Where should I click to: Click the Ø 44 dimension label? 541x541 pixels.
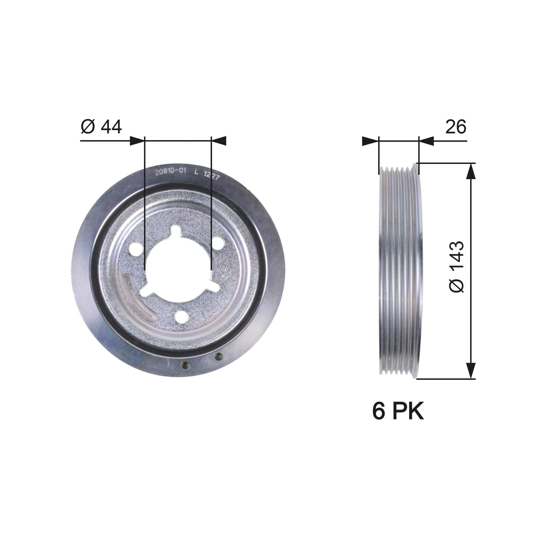[x=101, y=127]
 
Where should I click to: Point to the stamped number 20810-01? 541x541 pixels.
[x=171, y=172]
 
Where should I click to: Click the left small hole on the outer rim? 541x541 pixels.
[x=185, y=365]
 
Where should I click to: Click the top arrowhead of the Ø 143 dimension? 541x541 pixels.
[x=471, y=171]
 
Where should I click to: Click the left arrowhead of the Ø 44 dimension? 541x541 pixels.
[x=137, y=141]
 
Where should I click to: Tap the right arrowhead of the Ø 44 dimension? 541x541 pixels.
[x=218, y=141]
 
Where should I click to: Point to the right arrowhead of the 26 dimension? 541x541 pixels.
[x=426, y=141]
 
